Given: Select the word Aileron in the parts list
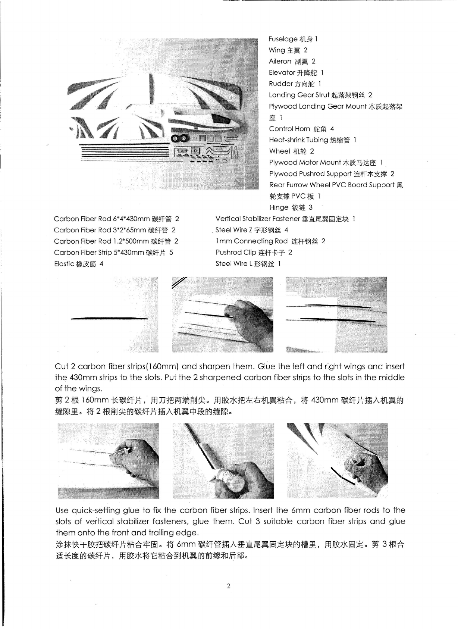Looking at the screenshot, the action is [x=280, y=61].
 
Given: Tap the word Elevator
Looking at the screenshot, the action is [x=282, y=72].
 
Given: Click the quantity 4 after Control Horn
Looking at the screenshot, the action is [x=332, y=129].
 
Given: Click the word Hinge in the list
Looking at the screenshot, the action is [x=279, y=208].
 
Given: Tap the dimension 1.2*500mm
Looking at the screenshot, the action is [x=131, y=241].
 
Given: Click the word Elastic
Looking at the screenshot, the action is [x=64, y=264].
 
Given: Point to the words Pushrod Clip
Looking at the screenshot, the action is [x=236, y=253].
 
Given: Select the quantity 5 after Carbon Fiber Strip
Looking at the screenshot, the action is [x=171, y=253].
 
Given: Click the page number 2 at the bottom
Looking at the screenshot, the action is [x=228, y=586].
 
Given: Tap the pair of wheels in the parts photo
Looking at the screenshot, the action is [x=180, y=138].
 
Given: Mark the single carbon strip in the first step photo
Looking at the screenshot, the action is [x=109, y=319].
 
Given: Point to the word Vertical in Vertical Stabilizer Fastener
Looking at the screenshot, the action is [x=228, y=219].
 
